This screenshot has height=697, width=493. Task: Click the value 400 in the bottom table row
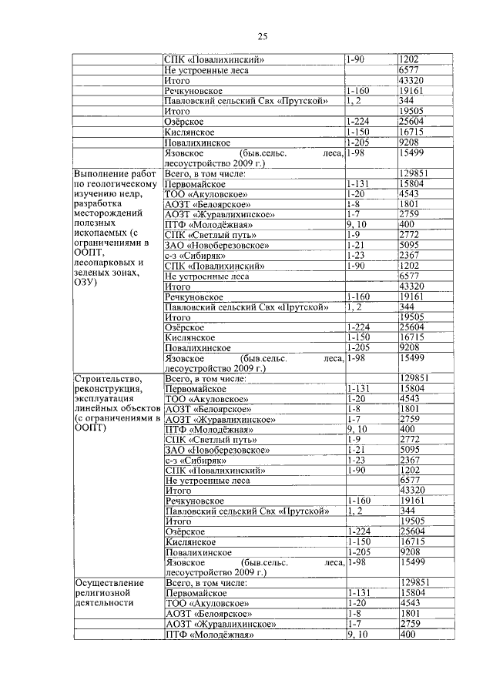[407, 635]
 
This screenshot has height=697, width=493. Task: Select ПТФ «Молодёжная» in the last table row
[209, 635]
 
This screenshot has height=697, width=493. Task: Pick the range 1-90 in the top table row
[356, 59]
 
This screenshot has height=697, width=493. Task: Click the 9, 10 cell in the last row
[357, 635]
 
